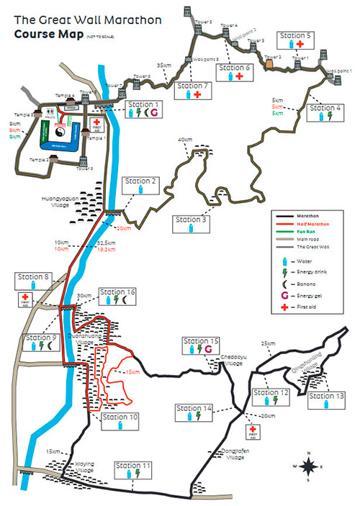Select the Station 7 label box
[x=192, y=90]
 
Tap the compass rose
[x=309, y=466]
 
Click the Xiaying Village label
[x=86, y=466]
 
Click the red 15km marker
[x=131, y=372]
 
